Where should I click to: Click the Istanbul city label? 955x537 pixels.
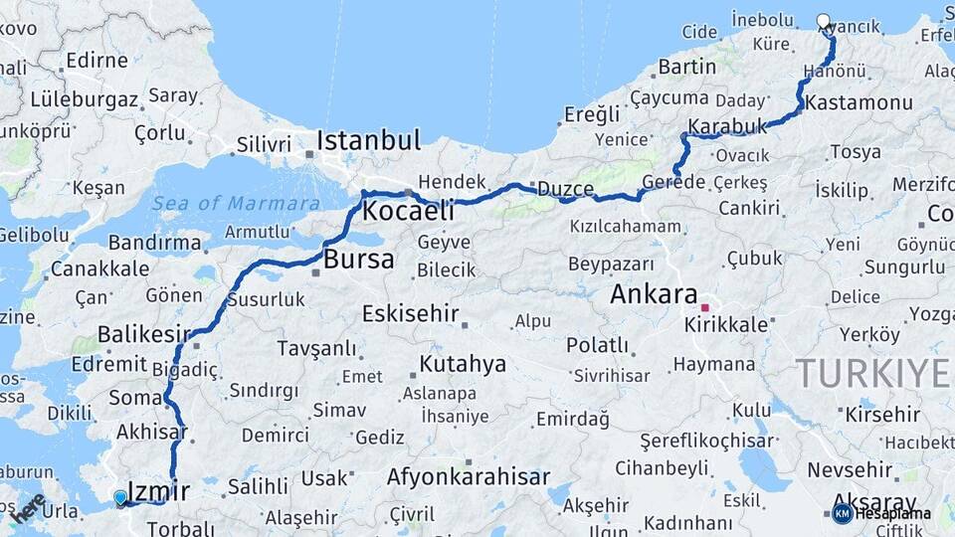369,140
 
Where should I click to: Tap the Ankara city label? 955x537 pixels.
654,294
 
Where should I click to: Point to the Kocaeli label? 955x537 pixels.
408,211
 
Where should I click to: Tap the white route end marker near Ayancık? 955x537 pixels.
823,20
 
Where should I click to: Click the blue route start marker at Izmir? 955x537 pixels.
120,496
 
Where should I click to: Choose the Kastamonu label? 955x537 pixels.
845,103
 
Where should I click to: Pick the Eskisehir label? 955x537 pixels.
410,314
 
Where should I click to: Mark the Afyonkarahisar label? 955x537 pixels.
468,477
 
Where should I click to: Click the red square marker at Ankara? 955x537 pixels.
705,308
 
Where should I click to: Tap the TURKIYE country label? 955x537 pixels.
872,373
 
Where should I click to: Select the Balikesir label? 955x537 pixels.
143,334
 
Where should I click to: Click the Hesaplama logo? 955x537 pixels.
881,513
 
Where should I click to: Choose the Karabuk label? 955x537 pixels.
728,127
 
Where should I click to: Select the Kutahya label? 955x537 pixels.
463,363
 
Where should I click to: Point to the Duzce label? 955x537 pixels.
565,189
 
